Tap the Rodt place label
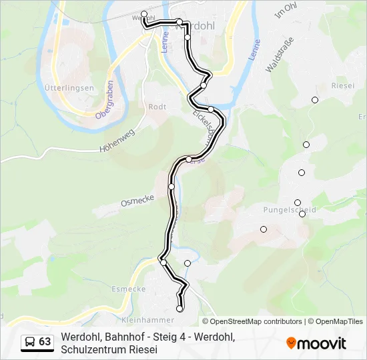(157, 107)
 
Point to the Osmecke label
(137, 199)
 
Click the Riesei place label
(343, 86)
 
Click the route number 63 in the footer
(45, 342)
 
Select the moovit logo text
(322, 343)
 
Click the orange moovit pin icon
(291, 343)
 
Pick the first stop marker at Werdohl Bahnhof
(144, 13)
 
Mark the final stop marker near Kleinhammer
(179, 309)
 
